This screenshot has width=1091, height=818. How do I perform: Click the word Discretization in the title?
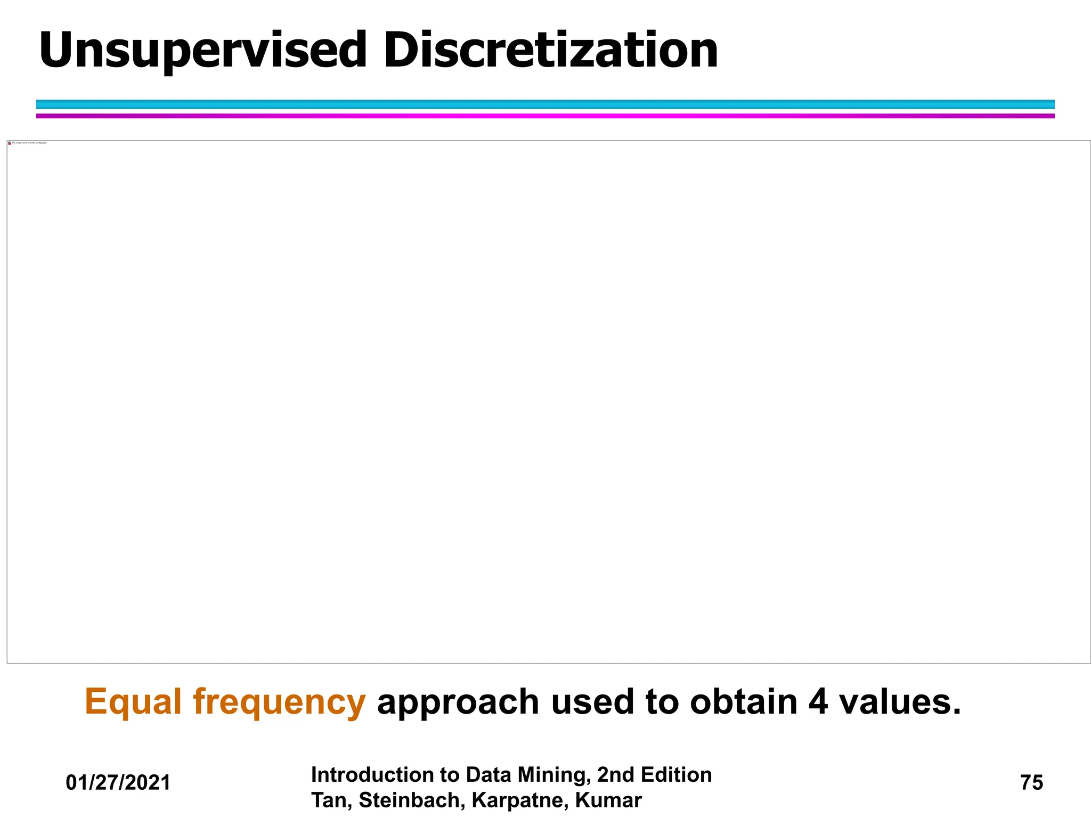(x=550, y=51)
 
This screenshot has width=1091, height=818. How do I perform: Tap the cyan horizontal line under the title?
(x=545, y=104)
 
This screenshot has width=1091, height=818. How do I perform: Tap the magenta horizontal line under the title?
(x=545, y=116)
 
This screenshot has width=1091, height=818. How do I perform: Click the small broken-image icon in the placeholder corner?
(x=10, y=143)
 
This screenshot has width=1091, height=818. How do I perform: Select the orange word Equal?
(x=133, y=702)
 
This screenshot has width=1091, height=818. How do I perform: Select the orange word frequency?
(x=279, y=702)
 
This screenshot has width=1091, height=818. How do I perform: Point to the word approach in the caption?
(x=458, y=702)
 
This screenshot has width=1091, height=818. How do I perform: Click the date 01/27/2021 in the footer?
(x=118, y=783)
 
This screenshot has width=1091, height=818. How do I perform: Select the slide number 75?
(x=1031, y=783)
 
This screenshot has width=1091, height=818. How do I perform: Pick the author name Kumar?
(x=608, y=800)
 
